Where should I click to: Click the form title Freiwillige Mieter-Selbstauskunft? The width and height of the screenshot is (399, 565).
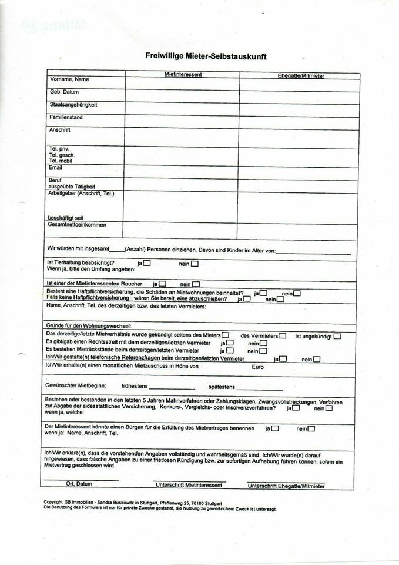coord(206,57)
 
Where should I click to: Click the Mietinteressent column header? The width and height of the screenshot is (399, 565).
coord(183,75)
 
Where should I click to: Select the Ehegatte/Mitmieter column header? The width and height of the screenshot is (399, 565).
coord(301,75)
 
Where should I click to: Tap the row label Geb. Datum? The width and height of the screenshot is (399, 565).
coord(64,92)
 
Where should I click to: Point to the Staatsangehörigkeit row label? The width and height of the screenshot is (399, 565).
coord(73,104)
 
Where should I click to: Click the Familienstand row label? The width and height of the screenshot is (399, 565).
coord(66,117)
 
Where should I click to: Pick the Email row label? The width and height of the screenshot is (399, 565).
coord(56,167)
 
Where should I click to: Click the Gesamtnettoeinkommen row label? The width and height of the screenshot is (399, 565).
coord(78,224)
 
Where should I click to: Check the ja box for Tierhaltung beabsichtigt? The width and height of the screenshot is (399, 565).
coord(147,263)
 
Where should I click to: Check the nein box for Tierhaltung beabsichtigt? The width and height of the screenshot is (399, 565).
coord(195,264)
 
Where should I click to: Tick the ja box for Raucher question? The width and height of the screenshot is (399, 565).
coord(162,284)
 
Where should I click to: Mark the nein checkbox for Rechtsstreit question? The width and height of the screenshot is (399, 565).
coord(263,343)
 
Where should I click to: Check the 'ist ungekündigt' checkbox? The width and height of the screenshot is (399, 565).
coord(337,336)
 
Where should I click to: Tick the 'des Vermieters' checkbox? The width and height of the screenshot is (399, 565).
coord(283,335)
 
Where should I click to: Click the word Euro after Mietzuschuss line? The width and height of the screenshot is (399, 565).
coord(258,367)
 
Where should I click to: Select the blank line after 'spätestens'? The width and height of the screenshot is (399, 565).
coord(260,389)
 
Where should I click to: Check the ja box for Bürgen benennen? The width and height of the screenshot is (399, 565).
coord(274,428)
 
